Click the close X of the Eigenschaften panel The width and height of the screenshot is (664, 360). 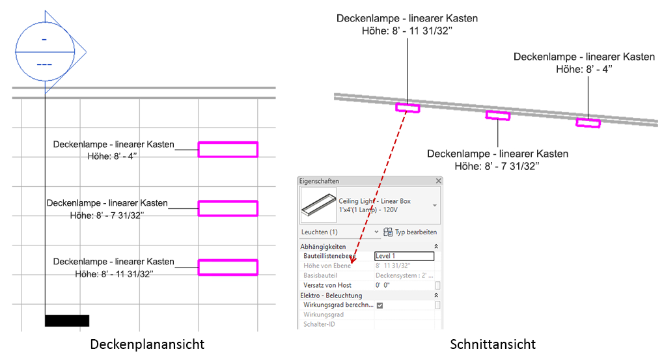click(438, 181)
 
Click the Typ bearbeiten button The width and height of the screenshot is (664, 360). click(410, 232)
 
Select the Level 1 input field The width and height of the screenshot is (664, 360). click(404, 256)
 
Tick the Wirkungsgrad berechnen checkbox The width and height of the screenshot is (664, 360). click(380, 305)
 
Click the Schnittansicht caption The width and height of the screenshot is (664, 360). click(493, 343)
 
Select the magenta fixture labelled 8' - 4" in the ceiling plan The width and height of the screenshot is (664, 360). click(228, 150)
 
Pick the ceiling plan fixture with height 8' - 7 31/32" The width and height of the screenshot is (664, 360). click(228, 208)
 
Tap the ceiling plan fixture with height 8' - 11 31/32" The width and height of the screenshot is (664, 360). click(228, 267)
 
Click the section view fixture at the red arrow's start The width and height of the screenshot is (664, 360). click(408, 107)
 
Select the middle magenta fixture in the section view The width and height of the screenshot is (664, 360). click(498, 116)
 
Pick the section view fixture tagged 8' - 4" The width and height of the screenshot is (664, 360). click(588, 122)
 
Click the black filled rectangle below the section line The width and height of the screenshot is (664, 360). click(66, 320)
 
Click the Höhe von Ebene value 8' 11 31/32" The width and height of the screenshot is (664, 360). click(393, 266)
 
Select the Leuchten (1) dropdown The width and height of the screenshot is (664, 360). click(339, 232)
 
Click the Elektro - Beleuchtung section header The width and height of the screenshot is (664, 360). click(331, 295)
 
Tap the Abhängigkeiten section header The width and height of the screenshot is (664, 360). click(323, 247)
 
